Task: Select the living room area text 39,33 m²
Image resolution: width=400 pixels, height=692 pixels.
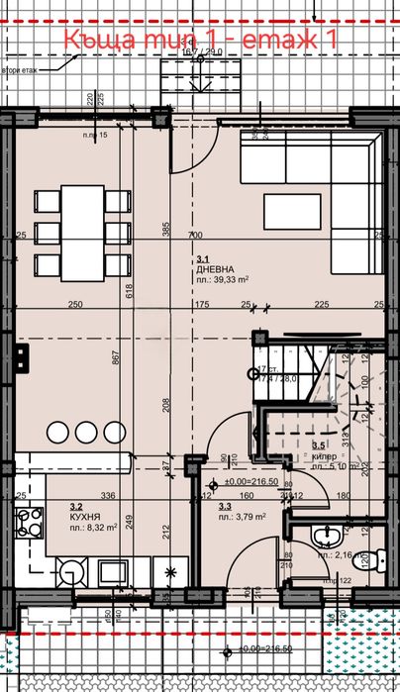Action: [219, 279]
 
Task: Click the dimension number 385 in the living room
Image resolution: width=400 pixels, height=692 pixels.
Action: [167, 229]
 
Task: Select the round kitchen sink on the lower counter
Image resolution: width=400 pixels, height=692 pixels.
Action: [69, 572]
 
